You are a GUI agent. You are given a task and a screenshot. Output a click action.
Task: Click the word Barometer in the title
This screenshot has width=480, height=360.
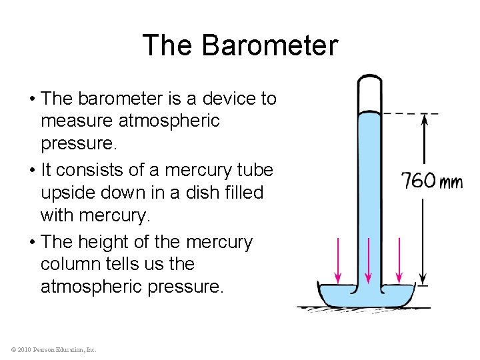tap(269, 45)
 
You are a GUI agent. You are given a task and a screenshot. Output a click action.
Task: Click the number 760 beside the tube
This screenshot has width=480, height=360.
tap(419, 180)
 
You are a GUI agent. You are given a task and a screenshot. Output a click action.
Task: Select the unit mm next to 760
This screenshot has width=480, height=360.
tap(451, 181)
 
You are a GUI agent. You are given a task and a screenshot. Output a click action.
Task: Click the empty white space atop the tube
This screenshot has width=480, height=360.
tap(369, 94)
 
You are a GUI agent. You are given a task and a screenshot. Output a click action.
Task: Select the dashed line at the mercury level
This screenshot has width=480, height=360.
tap(411, 113)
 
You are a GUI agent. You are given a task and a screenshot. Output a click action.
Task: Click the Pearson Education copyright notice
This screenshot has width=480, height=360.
tap(53, 349)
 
